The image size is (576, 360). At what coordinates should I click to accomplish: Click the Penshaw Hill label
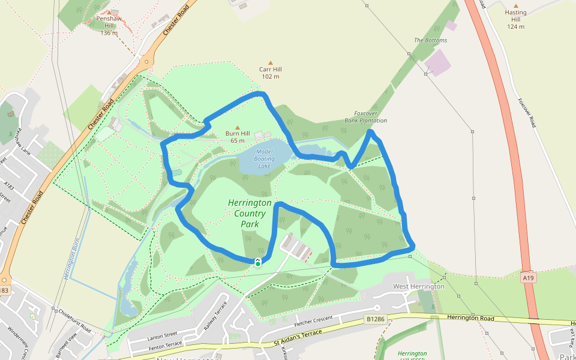pyautogui.click(x=109, y=22)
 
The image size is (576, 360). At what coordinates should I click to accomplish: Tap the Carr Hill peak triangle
pyautogui.click(x=271, y=63)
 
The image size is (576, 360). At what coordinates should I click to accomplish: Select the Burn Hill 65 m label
pyautogui.click(x=237, y=136)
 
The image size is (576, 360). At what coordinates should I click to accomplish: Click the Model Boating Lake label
pyautogui.click(x=264, y=158)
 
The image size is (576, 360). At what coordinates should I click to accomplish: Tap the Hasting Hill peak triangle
pyautogui.click(x=515, y=4)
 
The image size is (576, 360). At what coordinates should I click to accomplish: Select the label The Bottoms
pyautogui.click(x=430, y=40)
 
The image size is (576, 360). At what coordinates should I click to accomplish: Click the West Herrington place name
pyautogui.click(x=418, y=286)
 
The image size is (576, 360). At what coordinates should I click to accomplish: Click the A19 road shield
pyautogui.click(x=528, y=278)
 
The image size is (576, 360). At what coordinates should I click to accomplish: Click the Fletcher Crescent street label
pyautogui.click(x=313, y=321)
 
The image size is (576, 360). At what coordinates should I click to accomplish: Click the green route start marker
pyautogui.click(x=257, y=263)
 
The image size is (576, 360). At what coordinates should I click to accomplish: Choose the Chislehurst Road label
pyautogui.click(x=74, y=321)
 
